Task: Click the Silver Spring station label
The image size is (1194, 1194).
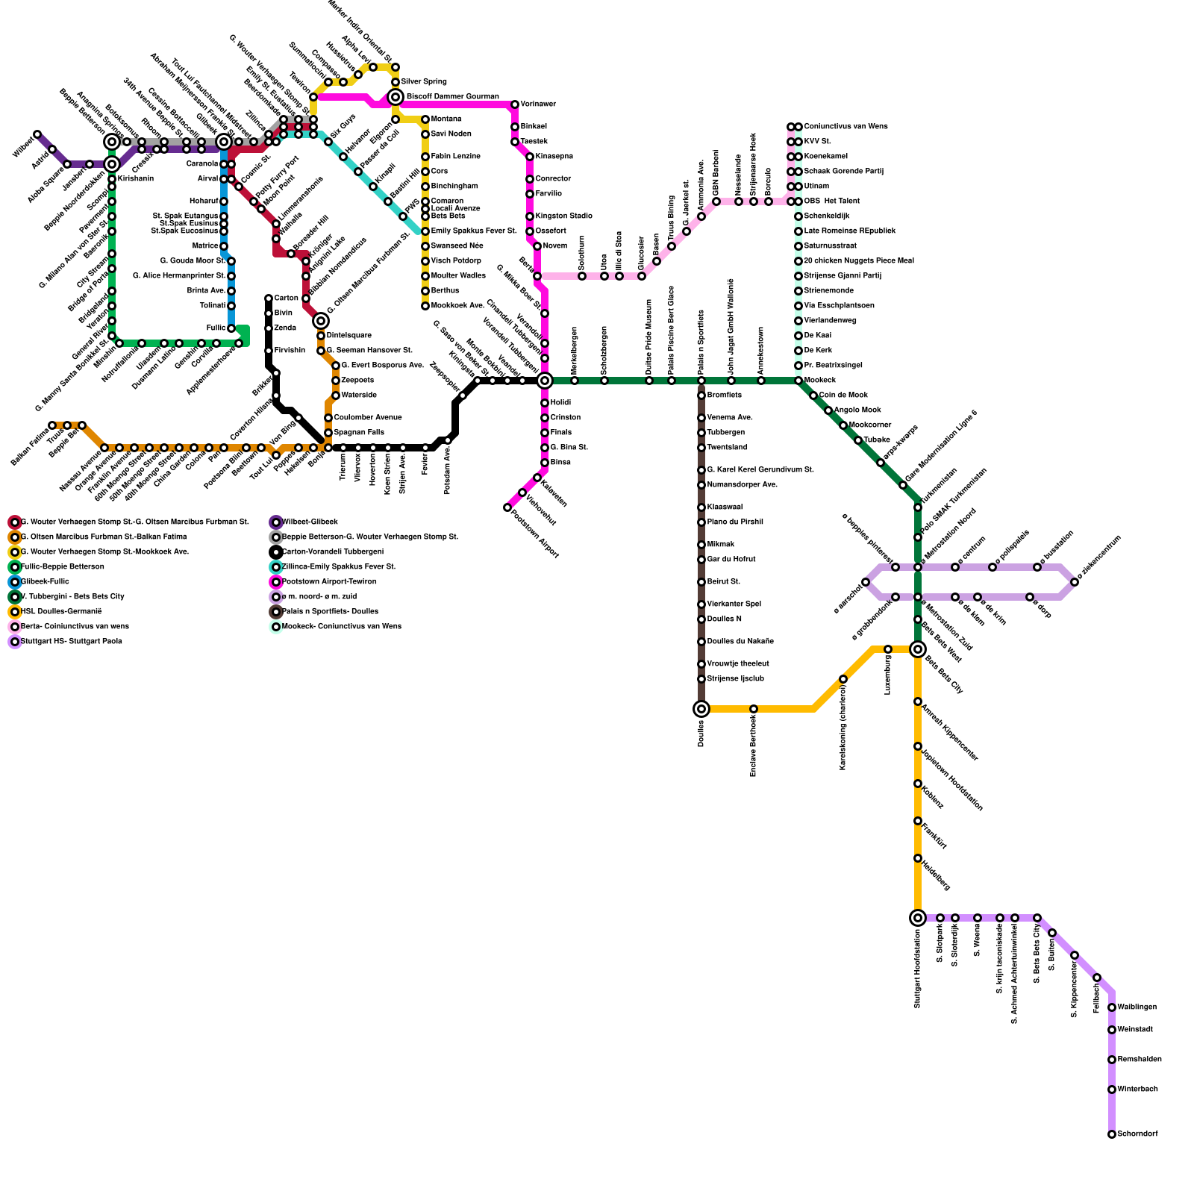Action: (424, 81)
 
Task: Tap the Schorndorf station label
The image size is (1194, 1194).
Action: (1137, 1134)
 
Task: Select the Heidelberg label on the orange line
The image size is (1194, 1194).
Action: (936, 875)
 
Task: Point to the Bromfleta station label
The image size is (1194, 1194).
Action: (724, 395)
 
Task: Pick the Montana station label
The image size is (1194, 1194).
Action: (446, 119)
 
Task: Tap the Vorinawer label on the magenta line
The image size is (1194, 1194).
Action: (538, 104)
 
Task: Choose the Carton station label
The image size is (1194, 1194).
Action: (286, 298)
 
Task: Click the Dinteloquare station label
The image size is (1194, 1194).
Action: (348, 335)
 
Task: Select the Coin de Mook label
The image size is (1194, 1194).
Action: (843, 395)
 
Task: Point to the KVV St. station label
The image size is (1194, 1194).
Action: (817, 141)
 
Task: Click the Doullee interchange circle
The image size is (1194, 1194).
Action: (701, 709)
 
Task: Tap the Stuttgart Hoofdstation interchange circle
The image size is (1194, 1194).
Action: (918, 918)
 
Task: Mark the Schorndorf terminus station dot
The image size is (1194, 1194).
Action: (1112, 1134)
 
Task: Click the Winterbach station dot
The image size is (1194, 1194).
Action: (1112, 1090)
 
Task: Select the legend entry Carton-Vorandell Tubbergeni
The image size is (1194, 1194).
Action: (333, 551)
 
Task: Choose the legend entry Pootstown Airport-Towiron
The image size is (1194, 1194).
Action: (329, 581)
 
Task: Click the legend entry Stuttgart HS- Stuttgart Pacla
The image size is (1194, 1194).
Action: (71, 641)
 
